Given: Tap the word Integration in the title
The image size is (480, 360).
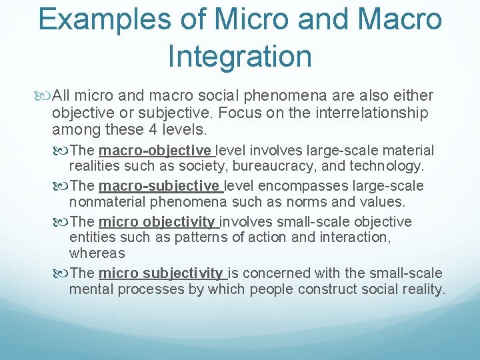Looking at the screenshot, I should (x=240, y=56).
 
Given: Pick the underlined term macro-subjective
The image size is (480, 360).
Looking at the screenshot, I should (x=158, y=186).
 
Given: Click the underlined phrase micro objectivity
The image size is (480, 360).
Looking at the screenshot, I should (x=157, y=221).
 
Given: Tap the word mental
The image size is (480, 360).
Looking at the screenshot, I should (x=90, y=289).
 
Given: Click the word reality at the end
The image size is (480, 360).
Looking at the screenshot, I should (x=422, y=289).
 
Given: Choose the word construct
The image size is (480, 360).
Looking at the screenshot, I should (x=327, y=289).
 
